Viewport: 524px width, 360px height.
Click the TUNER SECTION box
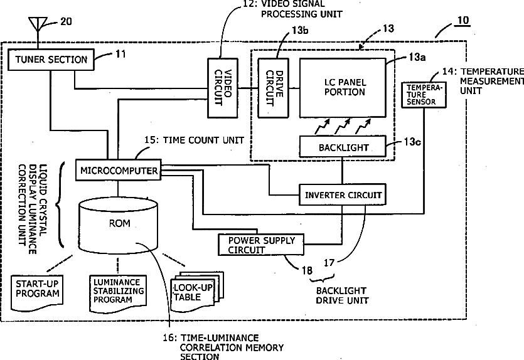51,60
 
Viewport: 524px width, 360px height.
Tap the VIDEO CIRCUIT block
223,88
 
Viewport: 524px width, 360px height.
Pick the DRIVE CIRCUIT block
274,88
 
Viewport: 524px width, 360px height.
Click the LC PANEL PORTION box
343,88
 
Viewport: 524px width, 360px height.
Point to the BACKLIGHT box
343,146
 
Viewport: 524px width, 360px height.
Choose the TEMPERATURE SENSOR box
424,95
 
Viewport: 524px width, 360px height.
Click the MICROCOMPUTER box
119,171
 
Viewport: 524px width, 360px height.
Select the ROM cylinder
118,225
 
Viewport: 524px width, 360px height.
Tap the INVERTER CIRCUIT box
343,194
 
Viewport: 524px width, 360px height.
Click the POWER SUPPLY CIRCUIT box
261,245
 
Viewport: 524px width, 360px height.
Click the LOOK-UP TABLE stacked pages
197,291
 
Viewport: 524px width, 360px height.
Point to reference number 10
463,21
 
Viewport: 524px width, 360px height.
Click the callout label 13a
417,57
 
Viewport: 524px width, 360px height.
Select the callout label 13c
412,142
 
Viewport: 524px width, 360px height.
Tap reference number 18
307,270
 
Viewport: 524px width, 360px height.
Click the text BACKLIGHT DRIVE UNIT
342,295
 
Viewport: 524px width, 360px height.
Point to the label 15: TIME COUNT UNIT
194,140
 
